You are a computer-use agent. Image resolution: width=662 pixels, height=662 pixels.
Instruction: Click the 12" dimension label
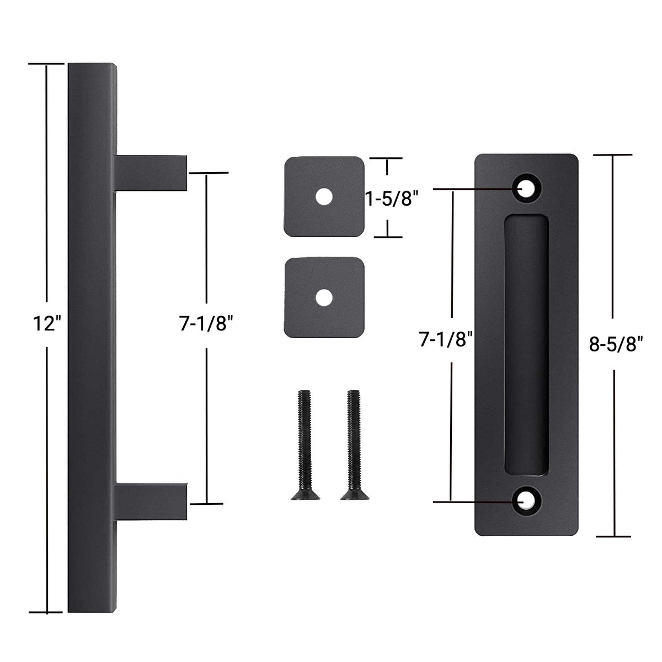tap(46, 323)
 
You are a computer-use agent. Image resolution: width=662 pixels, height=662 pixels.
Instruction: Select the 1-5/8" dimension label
tap(389, 198)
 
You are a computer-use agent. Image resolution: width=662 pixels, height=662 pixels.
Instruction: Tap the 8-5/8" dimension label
tap(616, 345)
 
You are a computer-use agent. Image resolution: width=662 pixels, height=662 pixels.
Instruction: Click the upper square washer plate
tap(324, 196)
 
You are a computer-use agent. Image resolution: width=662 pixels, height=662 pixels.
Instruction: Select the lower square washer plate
tap(324, 298)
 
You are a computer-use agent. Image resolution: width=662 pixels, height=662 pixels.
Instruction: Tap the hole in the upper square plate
tap(324, 196)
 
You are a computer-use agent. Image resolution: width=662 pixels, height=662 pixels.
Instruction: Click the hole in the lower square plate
tap(324, 298)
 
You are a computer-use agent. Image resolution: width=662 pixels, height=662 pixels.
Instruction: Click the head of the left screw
tap(305, 495)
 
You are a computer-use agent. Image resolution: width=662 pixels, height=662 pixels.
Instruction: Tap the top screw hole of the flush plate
tap(526, 189)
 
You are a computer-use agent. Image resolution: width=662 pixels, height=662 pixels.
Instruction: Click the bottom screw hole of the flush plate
tap(526, 501)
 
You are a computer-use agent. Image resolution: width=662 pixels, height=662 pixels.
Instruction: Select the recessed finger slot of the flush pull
tap(526, 345)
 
